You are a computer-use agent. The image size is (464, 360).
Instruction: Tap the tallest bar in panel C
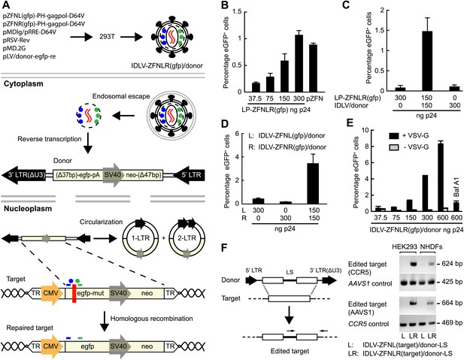click(426, 61)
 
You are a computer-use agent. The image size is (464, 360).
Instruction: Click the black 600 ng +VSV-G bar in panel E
click(441, 177)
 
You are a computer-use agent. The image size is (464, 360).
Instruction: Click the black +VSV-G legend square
click(393, 135)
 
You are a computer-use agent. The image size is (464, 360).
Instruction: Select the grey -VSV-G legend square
click(393, 147)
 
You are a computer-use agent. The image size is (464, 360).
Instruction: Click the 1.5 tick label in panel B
click(237, 11)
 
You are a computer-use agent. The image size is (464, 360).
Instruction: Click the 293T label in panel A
click(107, 37)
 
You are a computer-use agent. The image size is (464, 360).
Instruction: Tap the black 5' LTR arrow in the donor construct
click(189, 175)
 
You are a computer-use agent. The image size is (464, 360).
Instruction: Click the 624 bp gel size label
click(453, 264)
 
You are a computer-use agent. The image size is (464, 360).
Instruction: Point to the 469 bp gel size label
click(453, 322)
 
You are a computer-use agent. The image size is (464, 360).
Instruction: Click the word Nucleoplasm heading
click(28, 208)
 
